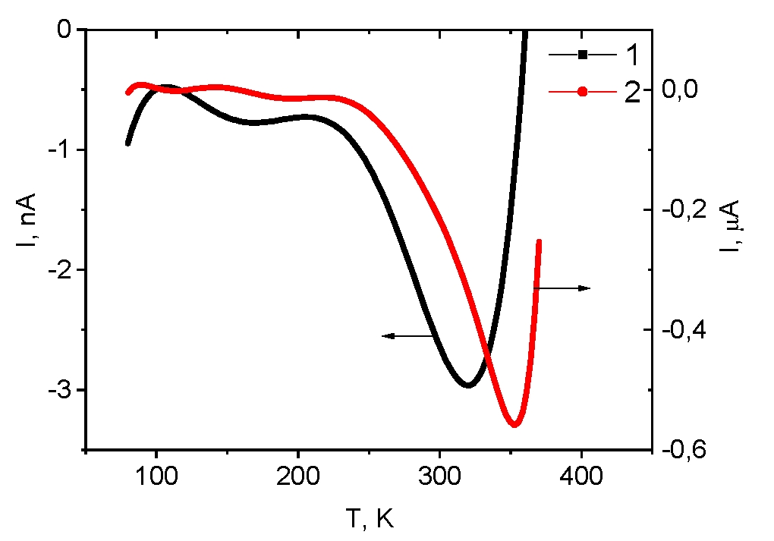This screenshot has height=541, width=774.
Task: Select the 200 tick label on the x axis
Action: [x=298, y=477]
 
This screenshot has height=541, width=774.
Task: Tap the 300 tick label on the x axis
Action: [x=440, y=477]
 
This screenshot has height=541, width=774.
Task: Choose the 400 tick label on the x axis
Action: [x=581, y=477]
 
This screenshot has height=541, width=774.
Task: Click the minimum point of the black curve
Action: [x=468, y=385]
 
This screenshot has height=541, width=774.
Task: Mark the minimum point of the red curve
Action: [x=514, y=424]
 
